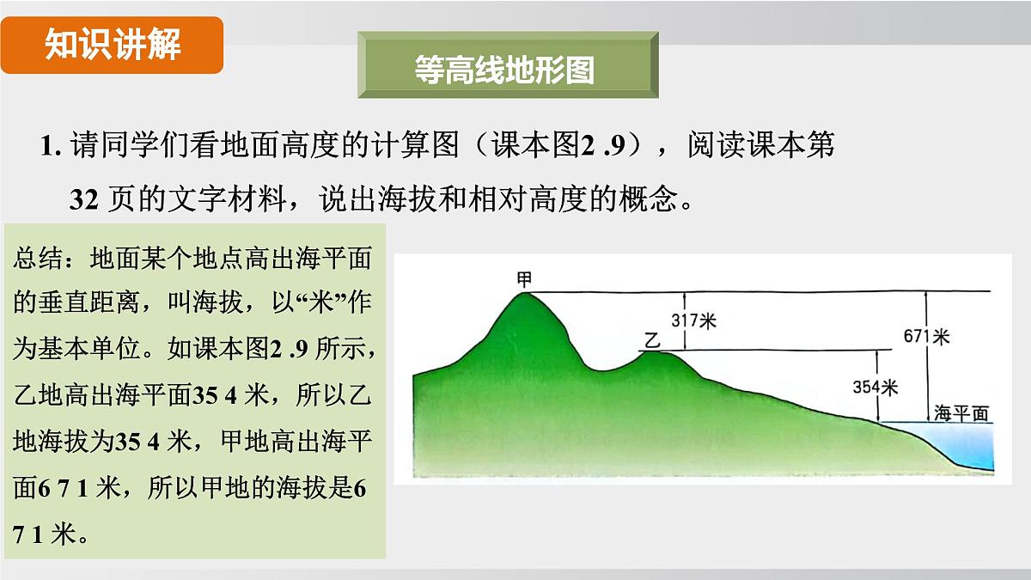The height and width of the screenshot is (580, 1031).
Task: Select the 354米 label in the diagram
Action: click(x=875, y=388)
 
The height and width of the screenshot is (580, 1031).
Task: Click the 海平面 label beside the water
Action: click(x=961, y=412)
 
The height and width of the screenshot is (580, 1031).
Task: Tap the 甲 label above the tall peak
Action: click(x=524, y=280)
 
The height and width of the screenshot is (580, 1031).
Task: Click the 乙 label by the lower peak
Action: click(x=651, y=340)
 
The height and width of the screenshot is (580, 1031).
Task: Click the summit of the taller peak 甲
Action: click(x=523, y=295)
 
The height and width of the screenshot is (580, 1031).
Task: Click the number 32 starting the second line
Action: click(x=86, y=199)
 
